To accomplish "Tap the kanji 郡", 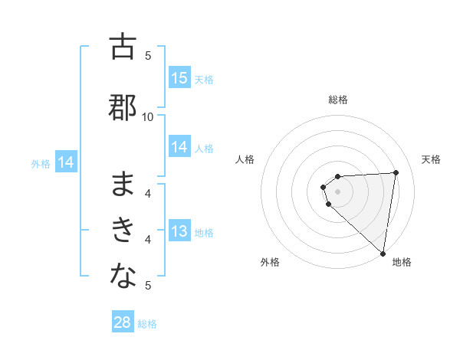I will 123,106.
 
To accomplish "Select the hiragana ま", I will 123,184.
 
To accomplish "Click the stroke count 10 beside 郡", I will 148,116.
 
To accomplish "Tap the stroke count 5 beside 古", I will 148,55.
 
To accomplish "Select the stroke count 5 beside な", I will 148,286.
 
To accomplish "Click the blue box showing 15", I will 179,78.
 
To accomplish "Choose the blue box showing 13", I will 179,232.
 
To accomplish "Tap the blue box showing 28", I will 123,322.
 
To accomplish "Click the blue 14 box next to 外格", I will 66,162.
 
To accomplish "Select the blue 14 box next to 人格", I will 179,148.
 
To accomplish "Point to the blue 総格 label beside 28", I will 147,324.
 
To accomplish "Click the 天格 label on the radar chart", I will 432,159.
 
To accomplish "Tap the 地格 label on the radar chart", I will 402,263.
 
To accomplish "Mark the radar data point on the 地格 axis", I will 383,253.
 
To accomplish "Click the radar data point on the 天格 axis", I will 396,172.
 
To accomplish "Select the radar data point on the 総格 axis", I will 338,177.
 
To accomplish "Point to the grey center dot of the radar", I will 338,191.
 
